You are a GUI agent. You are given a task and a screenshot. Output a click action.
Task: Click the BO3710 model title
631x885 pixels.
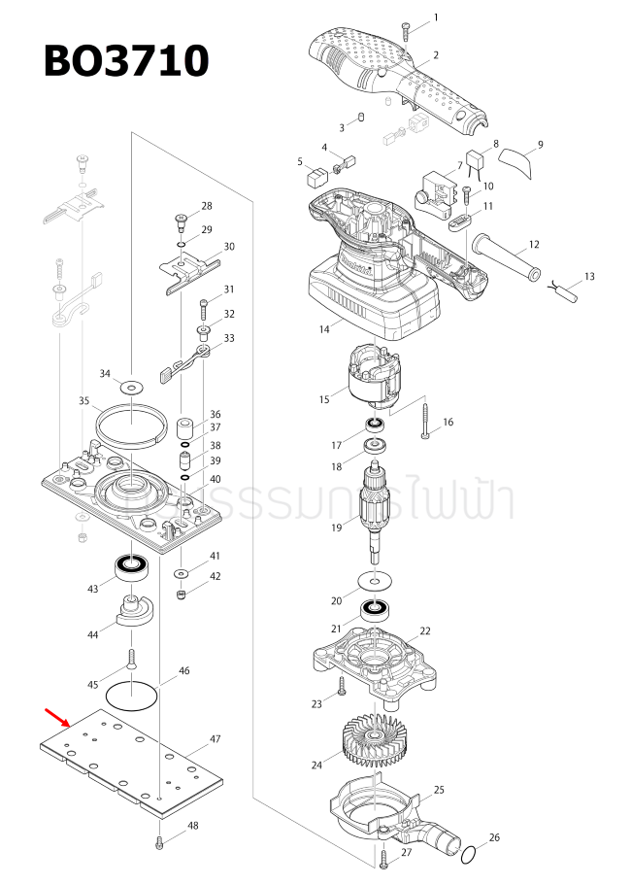(x=126, y=61)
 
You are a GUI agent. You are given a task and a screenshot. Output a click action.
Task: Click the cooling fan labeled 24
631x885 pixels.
(x=373, y=744)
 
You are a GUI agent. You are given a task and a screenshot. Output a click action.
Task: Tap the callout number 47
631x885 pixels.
(x=215, y=739)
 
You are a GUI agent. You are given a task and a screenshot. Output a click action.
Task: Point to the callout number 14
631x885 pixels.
(x=323, y=329)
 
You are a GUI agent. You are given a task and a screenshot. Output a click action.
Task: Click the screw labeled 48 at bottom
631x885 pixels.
(x=159, y=842)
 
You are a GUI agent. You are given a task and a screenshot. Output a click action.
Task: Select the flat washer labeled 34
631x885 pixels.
(x=134, y=384)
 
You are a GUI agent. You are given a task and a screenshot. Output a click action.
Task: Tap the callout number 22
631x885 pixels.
(x=425, y=631)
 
